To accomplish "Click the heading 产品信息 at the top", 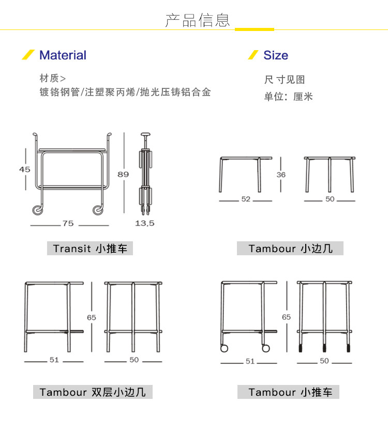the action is (x=197, y=20).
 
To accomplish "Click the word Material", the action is (x=63, y=55).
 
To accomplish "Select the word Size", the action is (x=276, y=55).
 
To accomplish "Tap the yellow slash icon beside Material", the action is (x=28, y=55).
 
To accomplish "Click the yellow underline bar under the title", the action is (x=255, y=29).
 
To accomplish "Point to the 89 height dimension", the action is (x=123, y=174).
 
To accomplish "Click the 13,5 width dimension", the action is (x=145, y=223).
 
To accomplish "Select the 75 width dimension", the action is (x=68, y=224).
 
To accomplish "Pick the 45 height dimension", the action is (x=25, y=169).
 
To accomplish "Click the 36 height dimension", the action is (x=281, y=175).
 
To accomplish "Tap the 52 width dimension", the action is (x=246, y=199).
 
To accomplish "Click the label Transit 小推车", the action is (x=90, y=249).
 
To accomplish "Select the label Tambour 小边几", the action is (x=290, y=249).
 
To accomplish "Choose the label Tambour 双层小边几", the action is (x=93, y=392).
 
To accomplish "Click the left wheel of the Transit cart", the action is (x=37, y=209).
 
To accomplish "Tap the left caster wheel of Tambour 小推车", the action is (x=225, y=348).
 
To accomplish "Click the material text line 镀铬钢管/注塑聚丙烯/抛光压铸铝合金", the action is (x=125, y=93).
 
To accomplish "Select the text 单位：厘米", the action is (x=289, y=97).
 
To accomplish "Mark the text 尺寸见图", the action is (x=285, y=80).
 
